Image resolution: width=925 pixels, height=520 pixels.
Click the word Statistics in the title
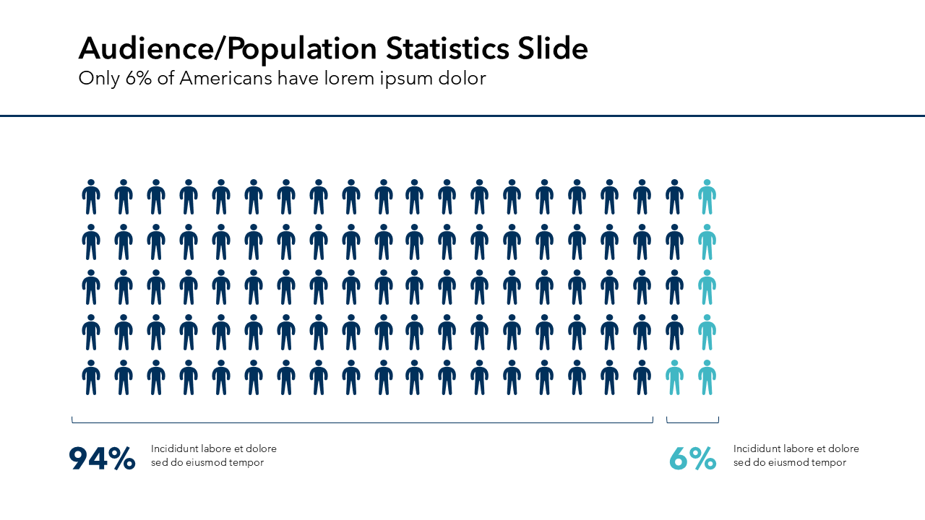[447, 49]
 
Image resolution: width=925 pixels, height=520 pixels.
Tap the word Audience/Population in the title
[228, 49]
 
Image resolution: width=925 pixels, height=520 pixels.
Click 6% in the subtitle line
[139, 79]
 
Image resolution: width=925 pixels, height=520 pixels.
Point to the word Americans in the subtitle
[225, 79]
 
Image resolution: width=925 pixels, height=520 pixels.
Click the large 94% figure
[102, 459]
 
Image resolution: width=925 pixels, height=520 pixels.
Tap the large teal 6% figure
[692, 459]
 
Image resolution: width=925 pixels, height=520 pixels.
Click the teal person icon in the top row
[707, 197]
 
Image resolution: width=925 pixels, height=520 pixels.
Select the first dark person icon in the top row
[91, 197]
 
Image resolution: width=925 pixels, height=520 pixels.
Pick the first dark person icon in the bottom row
[91, 378]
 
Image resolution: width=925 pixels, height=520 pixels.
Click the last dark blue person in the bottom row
[642, 378]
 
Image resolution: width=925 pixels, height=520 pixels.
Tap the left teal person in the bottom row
[674, 378]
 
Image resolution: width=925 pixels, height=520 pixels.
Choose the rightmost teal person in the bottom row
[707, 378]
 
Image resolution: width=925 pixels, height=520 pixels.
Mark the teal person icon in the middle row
[707, 287]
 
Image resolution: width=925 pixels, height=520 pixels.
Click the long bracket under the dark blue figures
[362, 422]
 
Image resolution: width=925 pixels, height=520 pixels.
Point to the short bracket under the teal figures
[692, 422]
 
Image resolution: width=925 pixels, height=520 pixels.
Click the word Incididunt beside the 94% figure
[174, 448]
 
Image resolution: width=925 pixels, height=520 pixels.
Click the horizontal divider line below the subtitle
[462, 116]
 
